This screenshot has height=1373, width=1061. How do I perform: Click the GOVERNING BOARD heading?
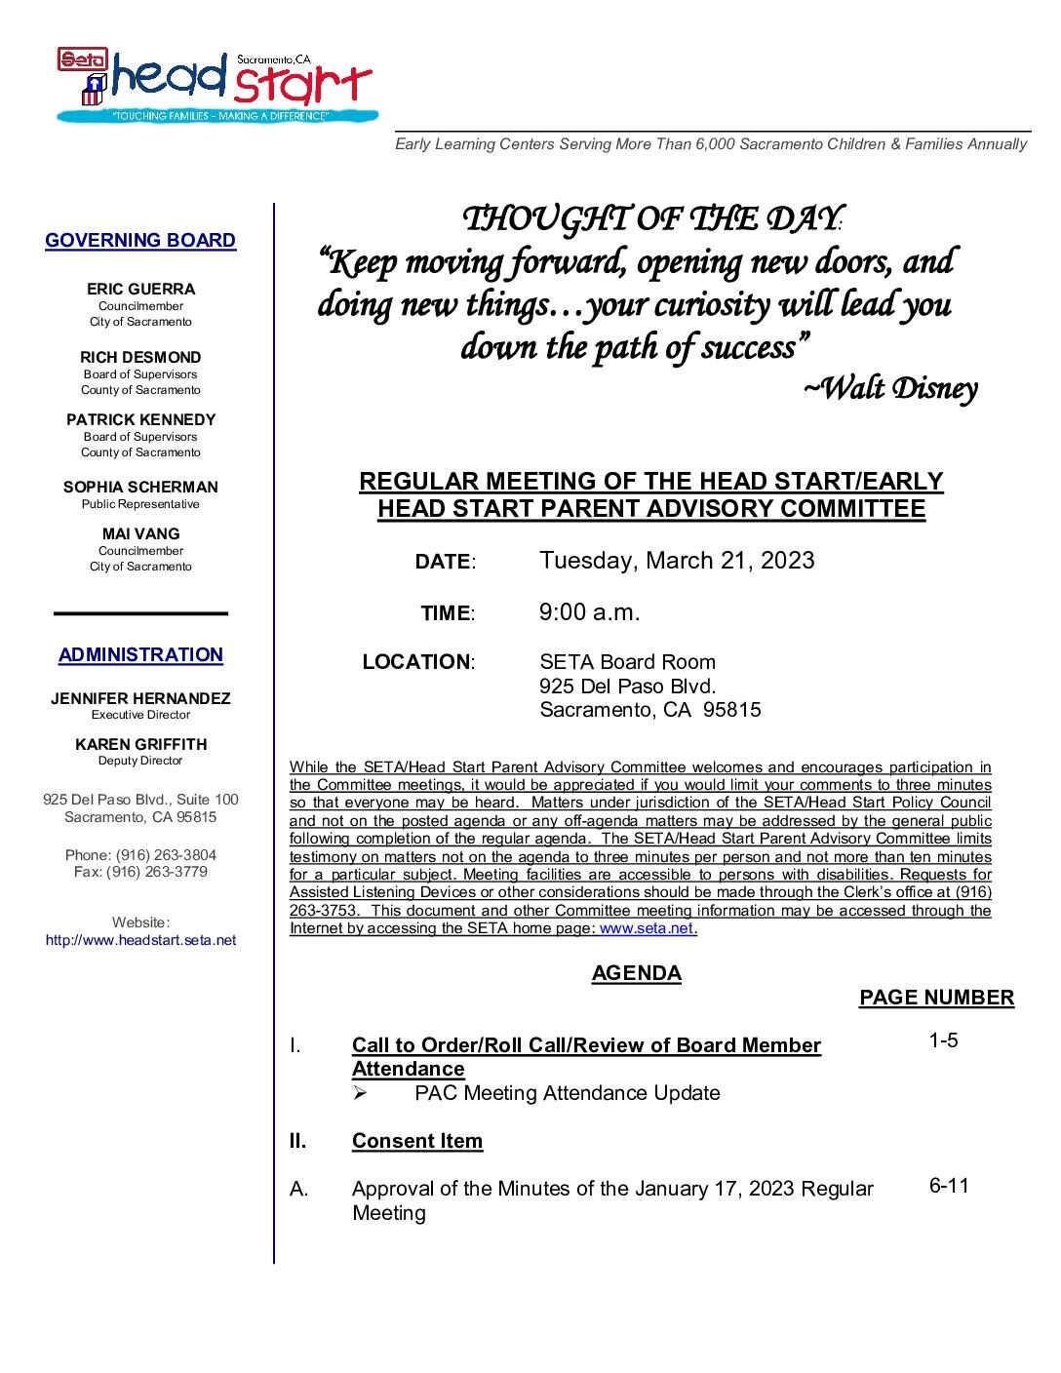coord(140,240)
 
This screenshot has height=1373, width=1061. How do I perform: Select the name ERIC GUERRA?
coord(141,289)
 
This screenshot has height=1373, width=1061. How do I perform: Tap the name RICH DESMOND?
coord(140,357)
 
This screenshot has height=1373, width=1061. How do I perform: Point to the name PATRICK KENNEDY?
coord(141,419)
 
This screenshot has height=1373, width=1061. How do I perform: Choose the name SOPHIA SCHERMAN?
coord(140,487)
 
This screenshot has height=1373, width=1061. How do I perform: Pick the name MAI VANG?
coord(140,533)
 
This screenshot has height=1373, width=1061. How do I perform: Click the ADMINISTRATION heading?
coord(140,654)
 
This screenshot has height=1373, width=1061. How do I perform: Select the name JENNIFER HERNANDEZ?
coord(140,698)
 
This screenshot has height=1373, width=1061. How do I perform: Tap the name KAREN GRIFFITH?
coord(140,744)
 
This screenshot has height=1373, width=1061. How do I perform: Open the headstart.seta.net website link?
coord(140,941)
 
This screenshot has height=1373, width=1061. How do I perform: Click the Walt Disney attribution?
coord(889,389)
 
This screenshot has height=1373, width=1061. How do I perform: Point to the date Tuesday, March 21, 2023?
coord(677,561)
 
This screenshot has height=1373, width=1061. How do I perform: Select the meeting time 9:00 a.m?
coord(589,612)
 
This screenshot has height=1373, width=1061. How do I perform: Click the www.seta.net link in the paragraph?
coord(646,929)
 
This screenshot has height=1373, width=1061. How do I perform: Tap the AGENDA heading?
coord(636,973)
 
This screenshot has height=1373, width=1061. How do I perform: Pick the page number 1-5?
coord(943,1040)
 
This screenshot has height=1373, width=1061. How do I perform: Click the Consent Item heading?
coord(417,1141)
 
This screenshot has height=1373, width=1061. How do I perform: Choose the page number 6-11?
coord(949,1186)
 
